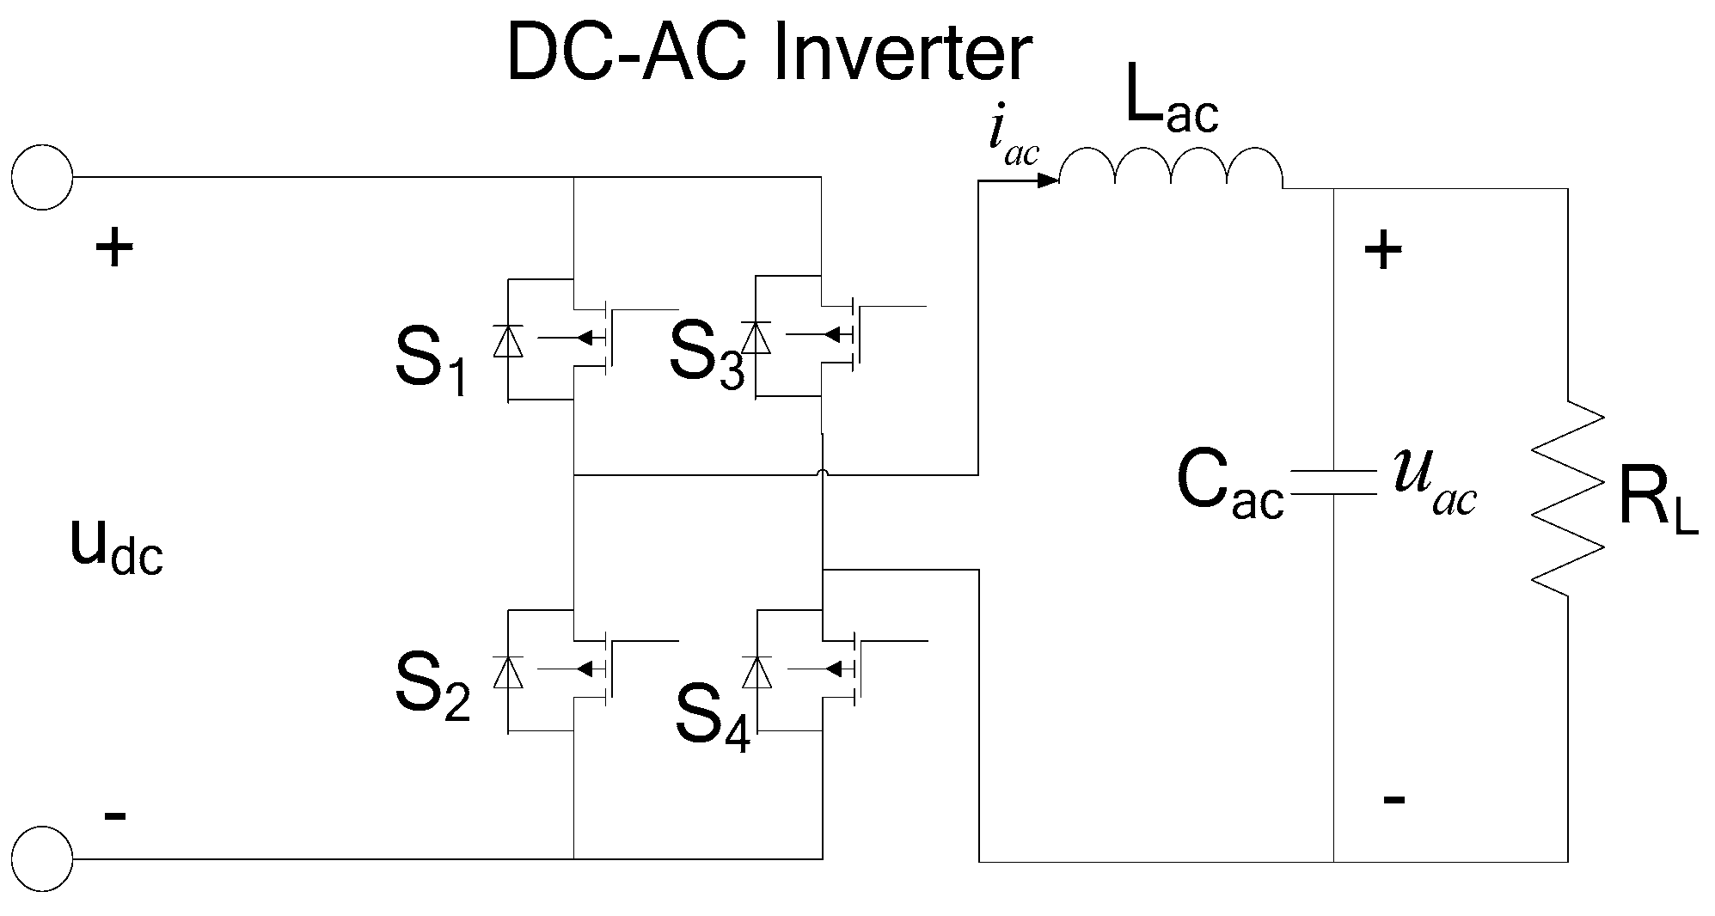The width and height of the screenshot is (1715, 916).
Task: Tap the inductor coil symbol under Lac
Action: [x=1171, y=168]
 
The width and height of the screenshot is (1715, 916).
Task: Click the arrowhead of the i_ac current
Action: [x=1048, y=181]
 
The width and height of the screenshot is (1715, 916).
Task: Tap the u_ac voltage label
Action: [x=1434, y=486]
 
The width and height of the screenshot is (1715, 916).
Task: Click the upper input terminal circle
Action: [x=42, y=178]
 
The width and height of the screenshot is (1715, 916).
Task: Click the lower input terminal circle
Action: [x=42, y=858]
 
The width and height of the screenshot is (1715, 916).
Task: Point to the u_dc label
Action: [x=115, y=547]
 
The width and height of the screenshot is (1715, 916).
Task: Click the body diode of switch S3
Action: [x=756, y=337]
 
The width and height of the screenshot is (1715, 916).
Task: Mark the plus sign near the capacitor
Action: [x=1383, y=252]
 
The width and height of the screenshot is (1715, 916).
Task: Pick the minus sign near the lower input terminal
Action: [x=115, y=815]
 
